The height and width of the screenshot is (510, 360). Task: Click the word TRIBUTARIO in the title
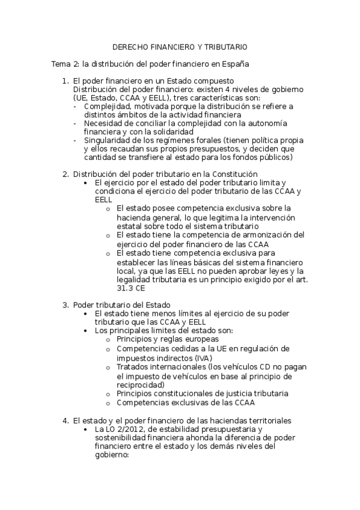[x=225, y=46]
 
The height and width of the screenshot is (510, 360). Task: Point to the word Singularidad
[x=109, y=140]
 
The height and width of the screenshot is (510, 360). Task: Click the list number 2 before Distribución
[x=65, y=174]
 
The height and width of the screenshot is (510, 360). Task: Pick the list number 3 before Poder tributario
[x=65, y=305]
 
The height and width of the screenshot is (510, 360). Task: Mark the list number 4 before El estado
[x=65, y=419]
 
